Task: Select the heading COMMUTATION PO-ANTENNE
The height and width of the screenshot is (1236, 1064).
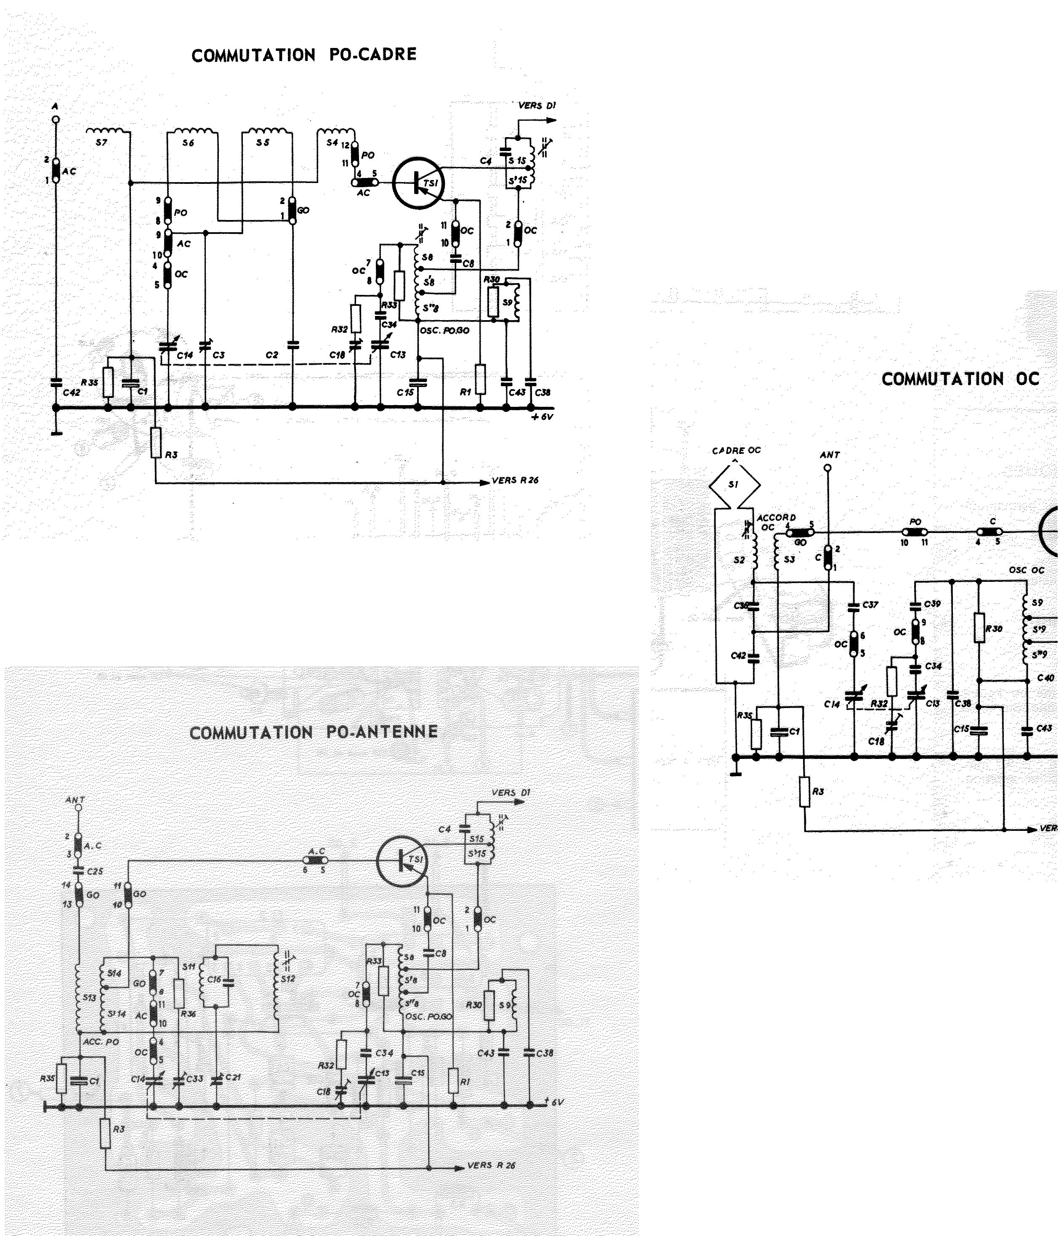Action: pos(313,732)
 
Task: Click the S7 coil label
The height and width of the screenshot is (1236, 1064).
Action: pos(101,143)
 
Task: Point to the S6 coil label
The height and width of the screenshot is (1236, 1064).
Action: pos(188,143)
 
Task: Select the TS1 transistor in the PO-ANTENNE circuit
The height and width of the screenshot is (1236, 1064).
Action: pos(403,859)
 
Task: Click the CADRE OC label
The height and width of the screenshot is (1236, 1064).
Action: pos(737,451)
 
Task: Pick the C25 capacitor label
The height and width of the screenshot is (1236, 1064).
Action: pos(95,872)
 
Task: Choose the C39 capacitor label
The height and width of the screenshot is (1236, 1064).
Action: pos(932,604)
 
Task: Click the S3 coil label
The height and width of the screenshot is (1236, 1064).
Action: pos(789,560)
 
